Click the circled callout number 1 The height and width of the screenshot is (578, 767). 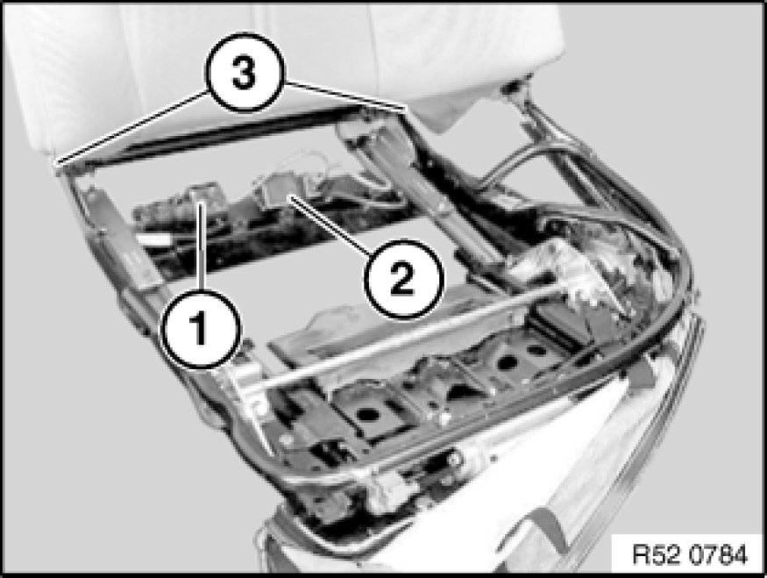pos(202,329)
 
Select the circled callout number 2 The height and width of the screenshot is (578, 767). pos(402,279)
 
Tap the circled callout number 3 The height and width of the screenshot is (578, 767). pos(244,74)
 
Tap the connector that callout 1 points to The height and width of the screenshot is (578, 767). pos(200,195)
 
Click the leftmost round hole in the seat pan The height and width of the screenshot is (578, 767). pos(368,415)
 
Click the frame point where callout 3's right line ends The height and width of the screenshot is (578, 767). pos(406,108)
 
